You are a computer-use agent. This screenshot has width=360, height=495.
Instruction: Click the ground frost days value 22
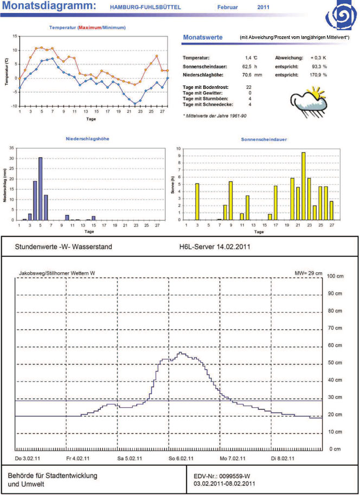[249, 87]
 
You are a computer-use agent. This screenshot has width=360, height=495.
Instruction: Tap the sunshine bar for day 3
[197, 202]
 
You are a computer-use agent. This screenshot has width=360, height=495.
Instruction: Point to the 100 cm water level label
[337, 277]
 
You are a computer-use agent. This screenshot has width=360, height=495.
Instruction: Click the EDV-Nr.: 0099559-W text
[222, 475]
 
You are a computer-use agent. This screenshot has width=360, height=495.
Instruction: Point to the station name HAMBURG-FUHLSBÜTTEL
[145, 8]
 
